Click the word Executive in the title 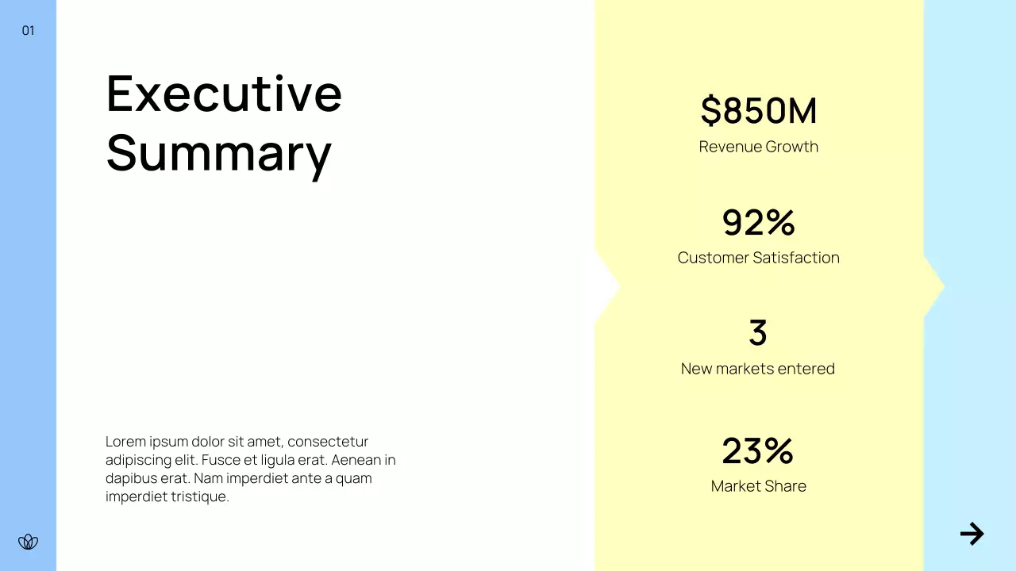224,93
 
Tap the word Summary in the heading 218,152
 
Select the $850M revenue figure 758,111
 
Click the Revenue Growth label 758,147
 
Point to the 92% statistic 758,223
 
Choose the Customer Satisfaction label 758,258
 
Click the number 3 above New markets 758,333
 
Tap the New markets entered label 758,369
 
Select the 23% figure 758,451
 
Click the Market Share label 758,486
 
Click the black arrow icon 972,534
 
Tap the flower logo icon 28,542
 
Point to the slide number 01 28,31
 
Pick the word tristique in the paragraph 200,497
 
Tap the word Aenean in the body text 356,460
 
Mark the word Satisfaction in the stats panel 796,258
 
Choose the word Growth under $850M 791,147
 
